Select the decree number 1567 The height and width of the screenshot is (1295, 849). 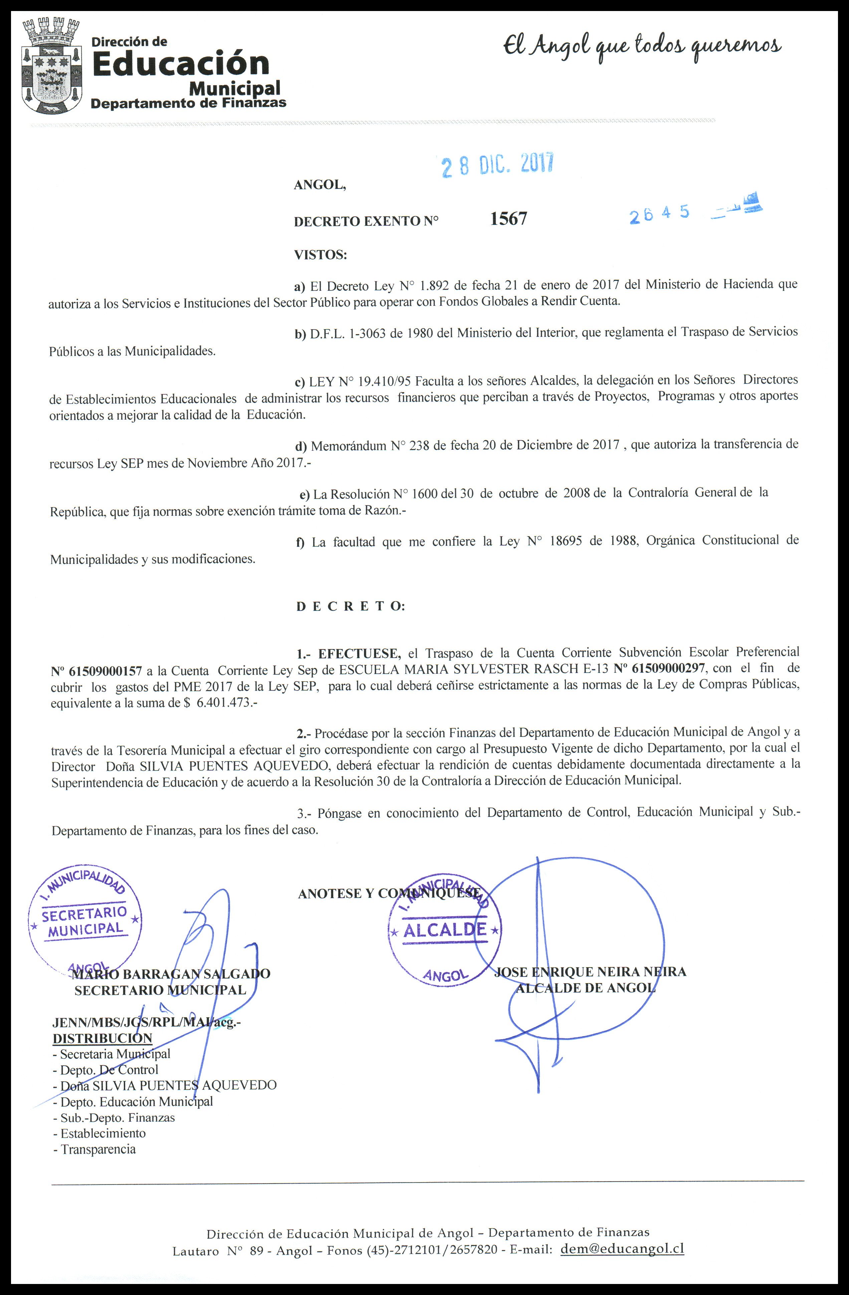pyautogui.click(x=508, y=219)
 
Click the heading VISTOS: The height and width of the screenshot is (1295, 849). pyautogui.click(x=320, y=255)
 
